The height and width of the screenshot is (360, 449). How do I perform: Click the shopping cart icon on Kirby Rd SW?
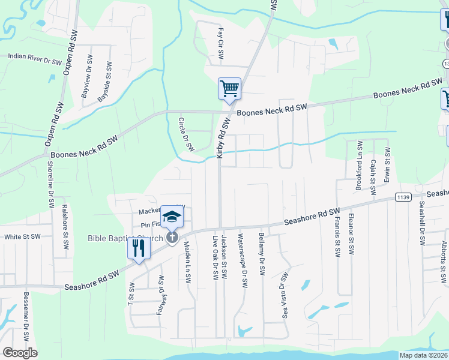(x=229, y=89)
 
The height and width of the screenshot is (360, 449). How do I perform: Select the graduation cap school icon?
(x=172, y=217)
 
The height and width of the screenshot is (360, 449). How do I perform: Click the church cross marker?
(x=172, y=238)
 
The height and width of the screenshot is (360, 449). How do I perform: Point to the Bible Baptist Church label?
(x=124, y=239)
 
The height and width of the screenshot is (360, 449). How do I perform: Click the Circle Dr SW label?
(x=186, y=134)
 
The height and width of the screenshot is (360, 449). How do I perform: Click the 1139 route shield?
(x=403, y=197)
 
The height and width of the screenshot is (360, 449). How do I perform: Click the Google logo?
(x=20, y=353)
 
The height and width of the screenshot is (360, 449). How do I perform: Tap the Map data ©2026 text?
(x=423, y=355)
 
